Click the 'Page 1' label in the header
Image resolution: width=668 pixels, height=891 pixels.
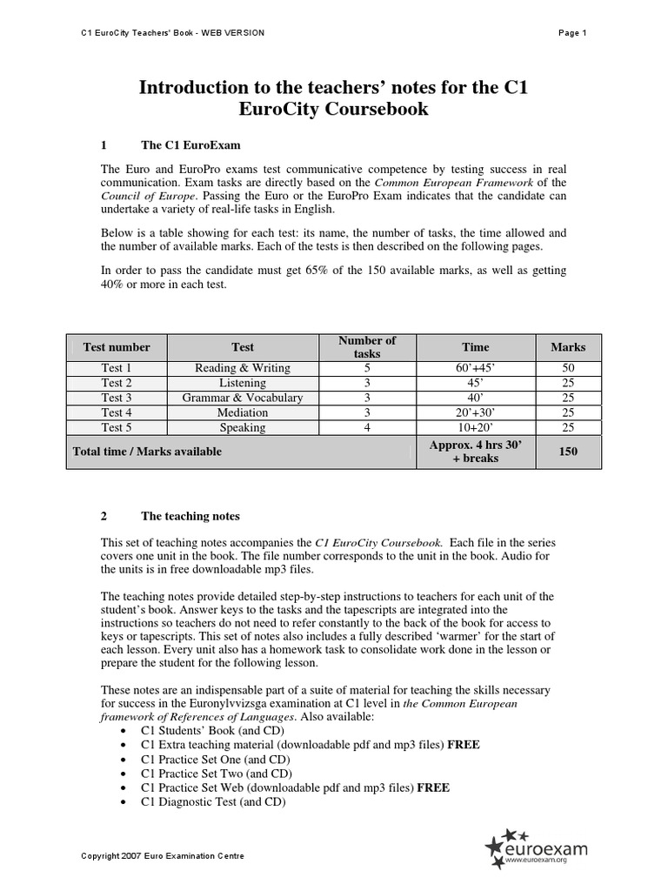pos(572,33)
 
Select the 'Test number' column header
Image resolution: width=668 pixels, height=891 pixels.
pos(117,347)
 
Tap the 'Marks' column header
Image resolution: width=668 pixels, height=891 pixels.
pos(568,347)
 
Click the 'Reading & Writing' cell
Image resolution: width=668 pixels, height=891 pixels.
pos(243,368)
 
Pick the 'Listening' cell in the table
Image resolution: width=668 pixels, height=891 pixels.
pos(243,383)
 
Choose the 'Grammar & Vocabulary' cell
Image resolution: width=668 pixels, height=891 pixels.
pos(243,398)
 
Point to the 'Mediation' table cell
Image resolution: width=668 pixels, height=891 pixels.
pos(243,412)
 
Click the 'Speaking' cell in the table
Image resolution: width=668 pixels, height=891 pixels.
pos(243,427)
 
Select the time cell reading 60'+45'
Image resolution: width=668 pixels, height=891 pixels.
pos(475,368)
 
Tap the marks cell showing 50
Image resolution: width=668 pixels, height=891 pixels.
pos(568,368)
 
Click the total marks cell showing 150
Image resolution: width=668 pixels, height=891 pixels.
pos(568,452)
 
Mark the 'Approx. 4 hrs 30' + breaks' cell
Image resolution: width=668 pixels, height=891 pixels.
pos(475,452)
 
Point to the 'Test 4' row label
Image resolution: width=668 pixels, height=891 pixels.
pos(117,412)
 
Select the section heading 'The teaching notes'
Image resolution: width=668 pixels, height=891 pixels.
pos(190,516)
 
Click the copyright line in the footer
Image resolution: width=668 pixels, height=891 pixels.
pos(163,856)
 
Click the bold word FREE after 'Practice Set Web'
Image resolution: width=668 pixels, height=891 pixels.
pos(433,787)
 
